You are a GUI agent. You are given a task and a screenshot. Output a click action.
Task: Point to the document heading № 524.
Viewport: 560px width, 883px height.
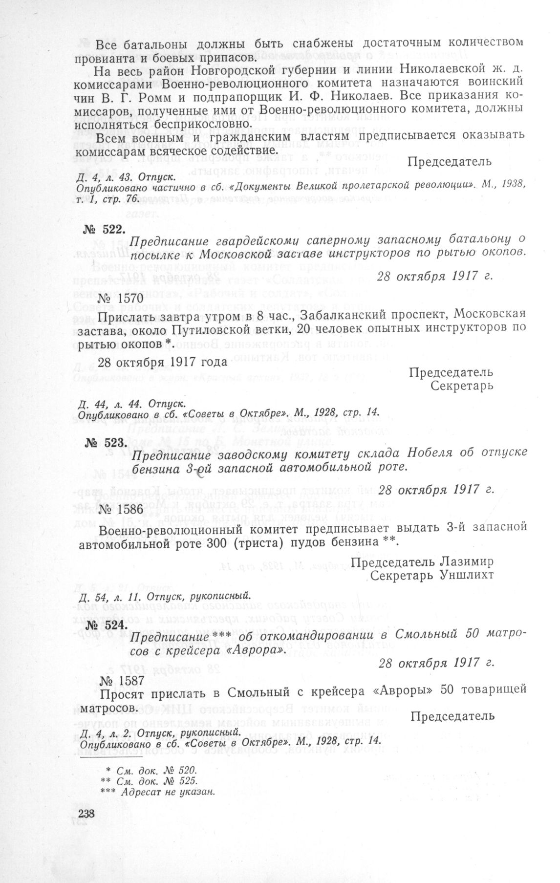coord(106,625)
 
